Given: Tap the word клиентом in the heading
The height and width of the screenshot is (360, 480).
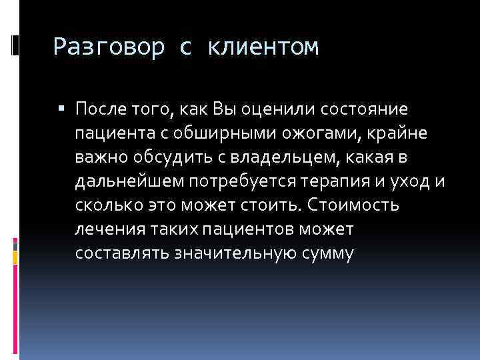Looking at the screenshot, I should click(x=264, y=47).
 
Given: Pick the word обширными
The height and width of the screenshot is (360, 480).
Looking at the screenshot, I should click(x=227, y=133).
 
